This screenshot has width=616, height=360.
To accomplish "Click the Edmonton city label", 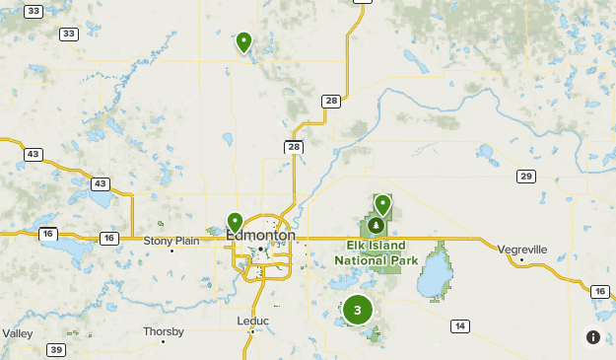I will pos(260,236).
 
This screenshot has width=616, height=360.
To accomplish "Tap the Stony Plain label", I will pos(171,240).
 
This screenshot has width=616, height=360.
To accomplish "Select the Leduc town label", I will pos(252,321).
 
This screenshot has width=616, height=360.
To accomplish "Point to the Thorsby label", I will pos(164,331).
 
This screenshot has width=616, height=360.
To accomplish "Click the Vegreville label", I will pos(522,250).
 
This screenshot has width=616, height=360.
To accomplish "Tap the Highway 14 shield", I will pos(459,325).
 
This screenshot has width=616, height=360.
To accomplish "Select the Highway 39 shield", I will pos(57,350).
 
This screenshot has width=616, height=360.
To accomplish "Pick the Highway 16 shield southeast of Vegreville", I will pos(600,291).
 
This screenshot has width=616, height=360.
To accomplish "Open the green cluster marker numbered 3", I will pos(357,311).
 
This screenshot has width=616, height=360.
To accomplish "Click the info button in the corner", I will pos(593,337).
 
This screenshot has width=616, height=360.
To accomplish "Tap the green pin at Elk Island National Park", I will pos(382,205).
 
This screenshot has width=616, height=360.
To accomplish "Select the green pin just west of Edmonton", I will pos(235,223).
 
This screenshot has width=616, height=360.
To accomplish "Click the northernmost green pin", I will pos(243,42).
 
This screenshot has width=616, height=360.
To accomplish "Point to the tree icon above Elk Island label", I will pos(376,228).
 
